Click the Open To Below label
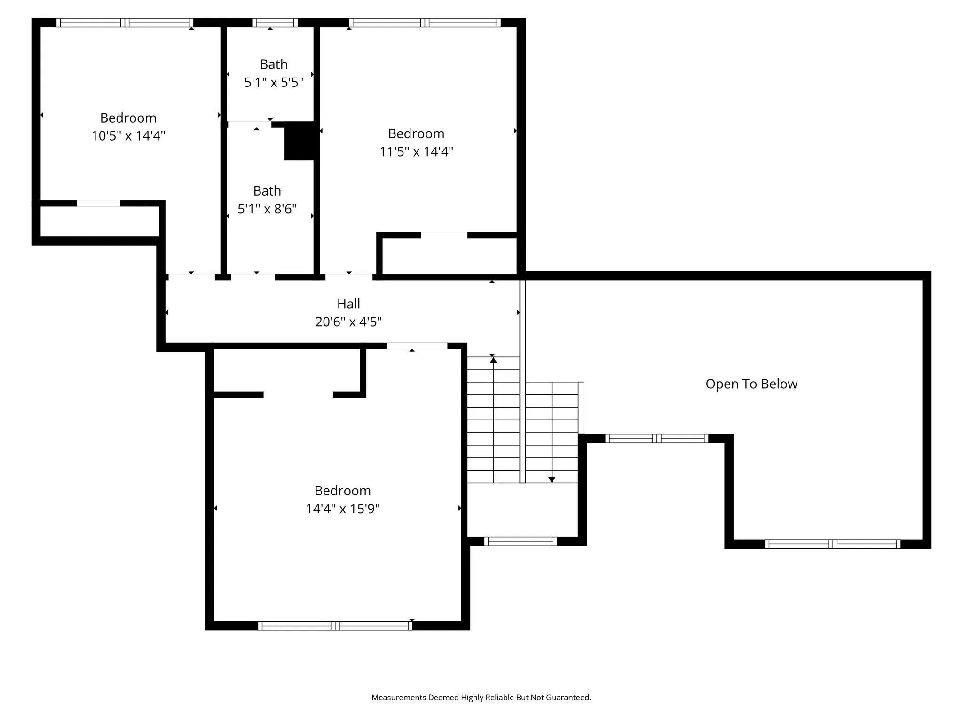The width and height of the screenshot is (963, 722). coord(751,384)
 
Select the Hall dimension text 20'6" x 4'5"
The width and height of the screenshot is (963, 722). coord(348,322)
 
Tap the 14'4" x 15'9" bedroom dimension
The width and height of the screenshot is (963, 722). coord(343,509)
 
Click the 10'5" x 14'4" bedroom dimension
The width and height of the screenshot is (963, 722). coord(128,136)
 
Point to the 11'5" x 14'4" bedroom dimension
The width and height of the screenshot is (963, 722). coord(416,152)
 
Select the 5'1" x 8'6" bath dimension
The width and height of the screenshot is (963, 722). coord(267,209)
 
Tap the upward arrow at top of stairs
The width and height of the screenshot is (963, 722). coord(493,360)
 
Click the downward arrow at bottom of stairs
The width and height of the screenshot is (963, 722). coord(552,479)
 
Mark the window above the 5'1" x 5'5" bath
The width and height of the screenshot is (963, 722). coord(275,23)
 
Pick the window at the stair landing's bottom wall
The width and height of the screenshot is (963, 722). coord(521,541)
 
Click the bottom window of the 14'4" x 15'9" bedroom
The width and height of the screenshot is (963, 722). coord(335,626)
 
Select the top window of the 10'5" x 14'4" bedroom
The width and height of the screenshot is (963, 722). coord(125,23)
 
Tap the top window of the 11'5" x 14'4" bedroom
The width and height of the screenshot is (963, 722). coord(425,23)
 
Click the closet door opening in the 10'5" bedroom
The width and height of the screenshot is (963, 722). coord(98,204)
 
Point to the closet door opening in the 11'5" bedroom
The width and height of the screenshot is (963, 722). coord(444,235)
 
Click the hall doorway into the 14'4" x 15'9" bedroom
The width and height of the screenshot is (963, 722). coord(417,346)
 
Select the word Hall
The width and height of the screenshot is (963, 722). coord(348,304)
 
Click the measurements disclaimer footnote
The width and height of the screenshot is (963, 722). coord(481,698)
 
